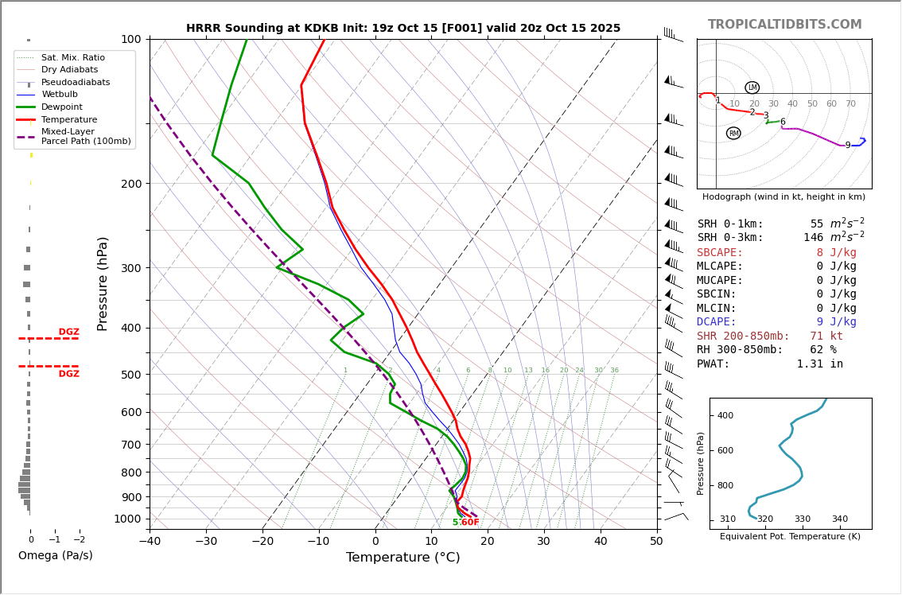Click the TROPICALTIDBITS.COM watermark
tap(784, 25)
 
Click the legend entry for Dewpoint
tap(61, 107)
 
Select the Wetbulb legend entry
tap(60, 95)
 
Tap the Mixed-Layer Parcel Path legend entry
tap(76, 136)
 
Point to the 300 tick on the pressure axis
tap(130, 268)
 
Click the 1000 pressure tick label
tap(127, 519)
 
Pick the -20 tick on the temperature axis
tap(262, 541)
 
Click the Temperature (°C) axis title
tap(402, 558)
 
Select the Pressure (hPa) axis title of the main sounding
tap(103, 283)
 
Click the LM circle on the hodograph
tap(752, 87)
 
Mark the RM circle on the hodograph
tap(733, 133)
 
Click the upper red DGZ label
tap(68, 332)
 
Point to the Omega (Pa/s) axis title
tap(55, 555)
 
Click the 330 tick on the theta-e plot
tap(802, 519)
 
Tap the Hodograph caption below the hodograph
tap(783, 196)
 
